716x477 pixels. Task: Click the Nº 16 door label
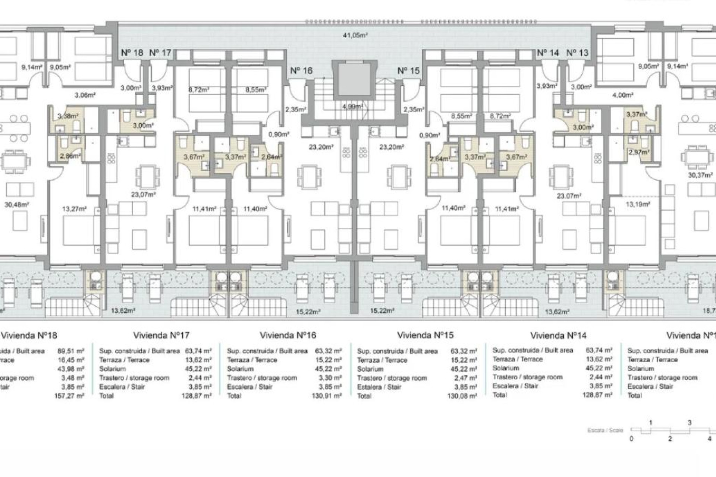[301, 71]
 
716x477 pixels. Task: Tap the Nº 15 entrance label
[408, 71]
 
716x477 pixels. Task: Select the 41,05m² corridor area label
[355, 35]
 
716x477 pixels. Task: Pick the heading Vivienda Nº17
[161, 335]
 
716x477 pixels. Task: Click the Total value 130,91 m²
[326, 396]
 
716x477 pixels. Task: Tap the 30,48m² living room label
[17, 204]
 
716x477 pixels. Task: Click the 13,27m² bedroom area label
[74, 209]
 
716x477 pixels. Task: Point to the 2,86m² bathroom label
[70, 156]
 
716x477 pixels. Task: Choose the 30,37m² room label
[700, 175]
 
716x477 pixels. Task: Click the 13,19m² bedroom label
[638, 204]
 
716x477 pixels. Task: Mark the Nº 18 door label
[132, 53]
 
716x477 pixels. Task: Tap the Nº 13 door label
[577, 53]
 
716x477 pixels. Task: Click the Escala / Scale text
[605, 430]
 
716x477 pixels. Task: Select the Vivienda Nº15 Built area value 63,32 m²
[464, 351]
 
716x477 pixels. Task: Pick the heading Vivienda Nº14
[558, 336]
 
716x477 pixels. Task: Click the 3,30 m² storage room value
[332, 378]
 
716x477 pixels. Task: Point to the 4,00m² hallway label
[622, 95]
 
